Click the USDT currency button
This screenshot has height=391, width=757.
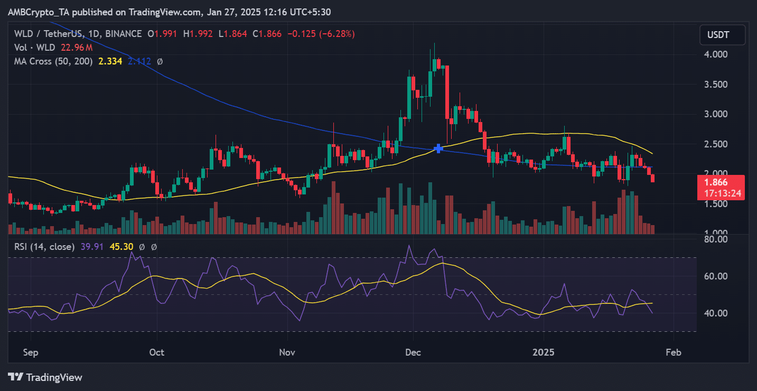tap(722, 35)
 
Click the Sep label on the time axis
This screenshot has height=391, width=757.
tap(30, 352)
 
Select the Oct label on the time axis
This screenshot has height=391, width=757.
tap(157, 352)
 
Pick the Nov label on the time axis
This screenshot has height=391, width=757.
tap(287, 352)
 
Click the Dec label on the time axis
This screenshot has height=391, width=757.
tap(413, 352)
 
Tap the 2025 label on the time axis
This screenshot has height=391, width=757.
tap(544, 352)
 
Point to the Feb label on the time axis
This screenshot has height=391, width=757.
tap(673, 352)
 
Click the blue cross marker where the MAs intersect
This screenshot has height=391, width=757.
tap(438, 148)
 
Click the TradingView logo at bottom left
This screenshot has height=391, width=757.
tap(45, 377)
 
